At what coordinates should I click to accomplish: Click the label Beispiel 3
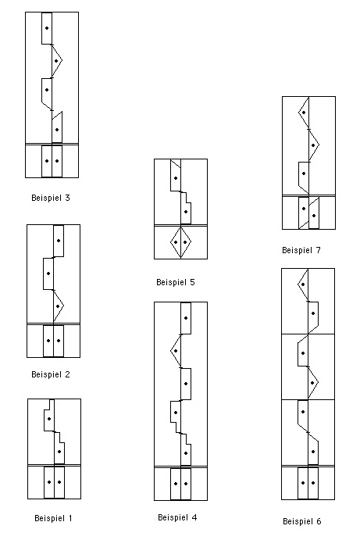coord(51,198)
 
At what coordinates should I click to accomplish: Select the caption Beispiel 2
coord(51,374)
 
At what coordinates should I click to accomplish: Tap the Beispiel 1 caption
coord(53,518)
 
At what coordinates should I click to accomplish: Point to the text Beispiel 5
coord(175,282)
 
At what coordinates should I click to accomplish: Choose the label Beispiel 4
coord(177,517)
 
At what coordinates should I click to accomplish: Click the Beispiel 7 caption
coord(301,250)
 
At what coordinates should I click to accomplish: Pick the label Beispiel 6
coord(301,521)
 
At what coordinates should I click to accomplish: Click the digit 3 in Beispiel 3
coord(67,198)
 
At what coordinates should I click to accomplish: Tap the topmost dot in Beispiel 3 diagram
coord(47,28)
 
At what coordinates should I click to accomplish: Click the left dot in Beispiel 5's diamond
coord(176,242)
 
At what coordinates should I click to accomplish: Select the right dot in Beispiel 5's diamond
coord(185,242)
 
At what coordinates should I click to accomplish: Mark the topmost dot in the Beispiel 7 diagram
coord(304,113)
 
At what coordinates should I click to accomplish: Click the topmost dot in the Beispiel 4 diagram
coord(186,318)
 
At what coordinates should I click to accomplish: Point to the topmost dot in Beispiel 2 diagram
coord(59,241)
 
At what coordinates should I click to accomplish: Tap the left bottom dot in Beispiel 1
coord(49,482)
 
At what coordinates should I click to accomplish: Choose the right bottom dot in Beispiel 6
coord(313,483)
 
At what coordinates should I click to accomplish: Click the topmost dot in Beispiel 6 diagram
coord(303,284)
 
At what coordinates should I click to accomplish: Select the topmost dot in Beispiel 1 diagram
coord(49,419)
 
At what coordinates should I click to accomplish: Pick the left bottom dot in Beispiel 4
coord(176,484)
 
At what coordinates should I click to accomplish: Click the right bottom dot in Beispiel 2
coord(59,341)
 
